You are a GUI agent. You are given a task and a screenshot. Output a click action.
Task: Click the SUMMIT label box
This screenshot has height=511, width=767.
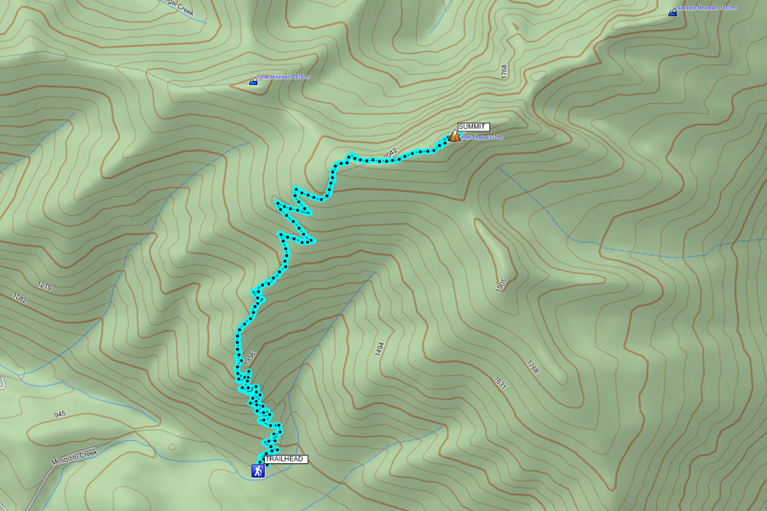pyautogui.click(x=473, y=127)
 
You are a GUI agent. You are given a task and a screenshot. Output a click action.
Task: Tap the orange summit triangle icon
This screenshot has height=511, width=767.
pyautogui.click(x=454, y=136)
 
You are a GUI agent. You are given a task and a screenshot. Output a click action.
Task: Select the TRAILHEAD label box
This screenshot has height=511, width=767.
pyautogui.click(x=285, y=459)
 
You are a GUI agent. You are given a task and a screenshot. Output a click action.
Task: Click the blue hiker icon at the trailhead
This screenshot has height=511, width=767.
pyautogui.click(x=257, y=471)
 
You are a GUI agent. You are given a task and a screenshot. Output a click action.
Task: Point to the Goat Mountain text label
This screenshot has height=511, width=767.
pyautogui.click(x=285, y=77)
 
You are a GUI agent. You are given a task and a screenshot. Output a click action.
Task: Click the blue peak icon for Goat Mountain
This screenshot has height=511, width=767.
pyautogui.click(x=253, y=82)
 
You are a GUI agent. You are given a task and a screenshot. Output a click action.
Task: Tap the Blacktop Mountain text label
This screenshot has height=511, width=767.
pyautogui.click(x=707, y=9)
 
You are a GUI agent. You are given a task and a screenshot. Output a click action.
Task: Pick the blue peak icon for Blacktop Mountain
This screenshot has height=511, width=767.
pyautogui.click(x=672, y=13)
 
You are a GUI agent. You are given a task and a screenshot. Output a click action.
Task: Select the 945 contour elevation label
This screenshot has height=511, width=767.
pyautogui.click(x=60, y=415)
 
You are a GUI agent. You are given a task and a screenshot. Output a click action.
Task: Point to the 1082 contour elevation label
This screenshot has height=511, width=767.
pyautogui.click(x=20, y=299)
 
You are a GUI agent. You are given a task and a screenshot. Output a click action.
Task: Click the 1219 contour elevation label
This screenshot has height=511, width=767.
pyautogui.click(x=44, y=287)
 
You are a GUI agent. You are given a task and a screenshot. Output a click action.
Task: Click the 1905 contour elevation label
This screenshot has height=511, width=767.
pyautogui.click(x=501, y=283)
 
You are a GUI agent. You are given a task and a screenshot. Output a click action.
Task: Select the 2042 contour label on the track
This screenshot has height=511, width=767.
pyautogui.click(x=390, y=154)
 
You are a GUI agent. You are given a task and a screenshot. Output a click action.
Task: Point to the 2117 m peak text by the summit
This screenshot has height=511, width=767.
pyautogui.click(x=482, y=137)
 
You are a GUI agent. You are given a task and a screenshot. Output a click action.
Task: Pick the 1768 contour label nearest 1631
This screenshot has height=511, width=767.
pyautogui.click(x=533, y=368)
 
